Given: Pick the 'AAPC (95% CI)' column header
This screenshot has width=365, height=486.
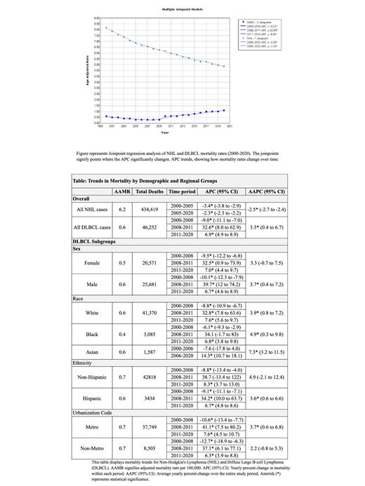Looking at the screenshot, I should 266,191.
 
